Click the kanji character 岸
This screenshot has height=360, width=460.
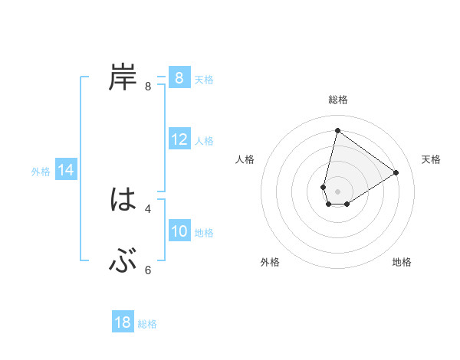coord(123,77)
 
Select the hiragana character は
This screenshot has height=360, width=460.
coord(123,200)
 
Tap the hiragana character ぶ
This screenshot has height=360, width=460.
coord(123,263)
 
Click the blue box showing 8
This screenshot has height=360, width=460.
coord(179,77)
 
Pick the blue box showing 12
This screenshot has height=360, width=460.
coord(179,139)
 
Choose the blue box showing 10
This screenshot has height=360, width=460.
coord(179,231)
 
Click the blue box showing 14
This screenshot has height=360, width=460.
coord(66,171)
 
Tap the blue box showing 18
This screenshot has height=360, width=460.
coord(123,322)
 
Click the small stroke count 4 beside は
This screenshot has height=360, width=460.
coord(148,208)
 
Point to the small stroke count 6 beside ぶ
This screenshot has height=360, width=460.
coord(148,270)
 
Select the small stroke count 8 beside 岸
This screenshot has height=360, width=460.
coord(148,87)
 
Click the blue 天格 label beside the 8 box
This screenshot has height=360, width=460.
coord(204,79)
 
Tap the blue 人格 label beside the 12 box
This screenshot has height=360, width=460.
coord(204,141)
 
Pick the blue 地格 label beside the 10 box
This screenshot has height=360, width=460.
coord(204,233)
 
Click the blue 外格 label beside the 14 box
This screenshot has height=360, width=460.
coord(41,172)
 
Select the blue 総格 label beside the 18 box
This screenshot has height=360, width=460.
coord(147,324)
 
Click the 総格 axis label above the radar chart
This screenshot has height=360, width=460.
coord(338,100)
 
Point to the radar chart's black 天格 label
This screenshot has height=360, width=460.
coord(431,159)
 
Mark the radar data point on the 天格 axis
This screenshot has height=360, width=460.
coord(396,172)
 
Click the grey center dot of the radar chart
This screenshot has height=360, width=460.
coord(338,191)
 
